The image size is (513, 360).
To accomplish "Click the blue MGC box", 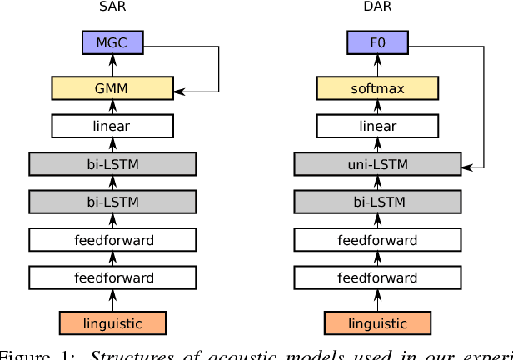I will point(112,43).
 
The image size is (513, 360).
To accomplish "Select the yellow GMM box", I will point(112,87).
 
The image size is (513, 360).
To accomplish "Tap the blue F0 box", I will point(377,43).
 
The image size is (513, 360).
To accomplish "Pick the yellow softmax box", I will point(377,87).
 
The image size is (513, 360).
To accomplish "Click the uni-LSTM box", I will point(377,164).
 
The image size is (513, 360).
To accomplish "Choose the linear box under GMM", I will point(112,126).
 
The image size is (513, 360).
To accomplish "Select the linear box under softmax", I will point(377,126).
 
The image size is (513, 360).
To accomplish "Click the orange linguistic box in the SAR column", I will point(112,322).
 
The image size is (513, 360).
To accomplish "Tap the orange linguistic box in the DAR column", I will point(377,322).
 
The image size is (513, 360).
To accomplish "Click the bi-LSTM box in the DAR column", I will point(377,202).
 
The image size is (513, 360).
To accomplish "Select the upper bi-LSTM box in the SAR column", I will point(112,164).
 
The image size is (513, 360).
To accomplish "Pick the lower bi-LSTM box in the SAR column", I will point(112,202).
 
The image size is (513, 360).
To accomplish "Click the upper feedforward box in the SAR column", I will point(112,240).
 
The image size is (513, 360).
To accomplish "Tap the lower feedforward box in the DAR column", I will point(377,277).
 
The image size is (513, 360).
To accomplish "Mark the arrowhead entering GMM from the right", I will point(178,91).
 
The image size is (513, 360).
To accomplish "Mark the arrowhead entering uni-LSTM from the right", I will point(466,167).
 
